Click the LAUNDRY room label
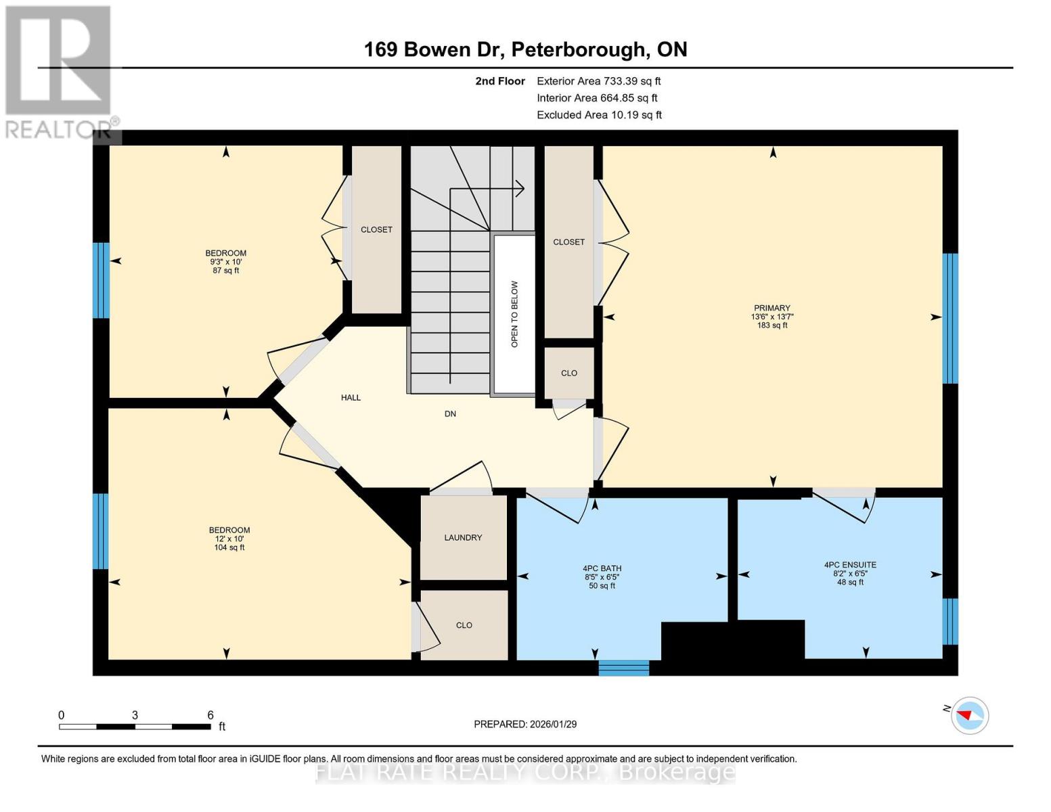463,537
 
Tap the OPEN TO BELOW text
514,315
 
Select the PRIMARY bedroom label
772,308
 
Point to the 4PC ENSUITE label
850,564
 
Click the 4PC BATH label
602,568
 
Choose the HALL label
351,397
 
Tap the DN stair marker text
450,414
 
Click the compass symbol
970,716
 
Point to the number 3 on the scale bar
135,715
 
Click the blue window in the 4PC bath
623,667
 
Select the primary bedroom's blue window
950,318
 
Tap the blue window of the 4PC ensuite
950,621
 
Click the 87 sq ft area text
226,271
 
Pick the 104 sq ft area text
229,547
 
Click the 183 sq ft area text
772,325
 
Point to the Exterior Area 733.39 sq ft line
599,81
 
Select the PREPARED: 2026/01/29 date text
525,724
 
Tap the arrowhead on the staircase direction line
520,189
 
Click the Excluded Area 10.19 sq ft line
599,115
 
